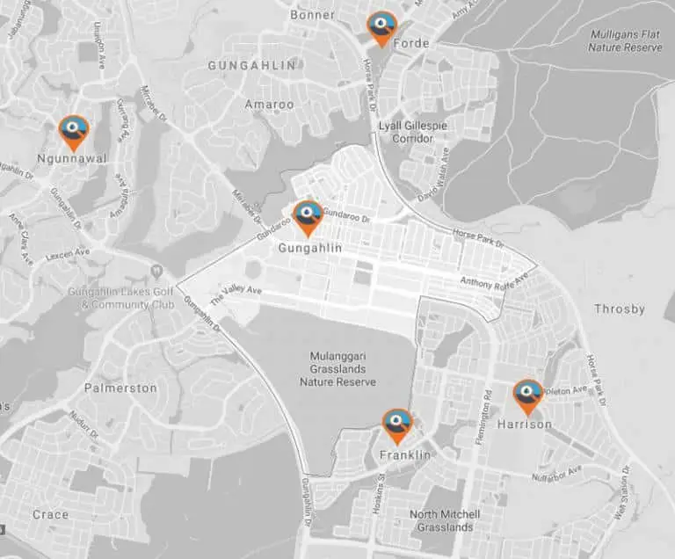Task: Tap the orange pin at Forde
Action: pyautogui.click(x=381, y=26)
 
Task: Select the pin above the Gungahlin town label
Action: pyautogui.click(x=308, y=216)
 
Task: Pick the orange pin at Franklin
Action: pyautogui.click(x=397, y=425)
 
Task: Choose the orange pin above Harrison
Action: pyautogui.click(x=527, y=396)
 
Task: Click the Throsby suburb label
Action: pyautogui.click(x=620, y=309)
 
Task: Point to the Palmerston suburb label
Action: pyautogui.click(x=120, y=388)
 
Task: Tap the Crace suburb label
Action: pyautogui.click(x=50, y=514)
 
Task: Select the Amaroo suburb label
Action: pyautogui.click(x=270, y=105)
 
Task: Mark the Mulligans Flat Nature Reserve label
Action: pyautogui.click(x=625, y=40)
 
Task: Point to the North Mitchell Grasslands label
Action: pyautogui.click(x=445, y=520)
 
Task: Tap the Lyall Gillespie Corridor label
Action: pyautogui.click(x=412, y=132)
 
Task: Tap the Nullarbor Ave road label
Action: pyautogui.click(x=557, y=474)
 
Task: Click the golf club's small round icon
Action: pyautogui.click(x=156, y=270)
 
